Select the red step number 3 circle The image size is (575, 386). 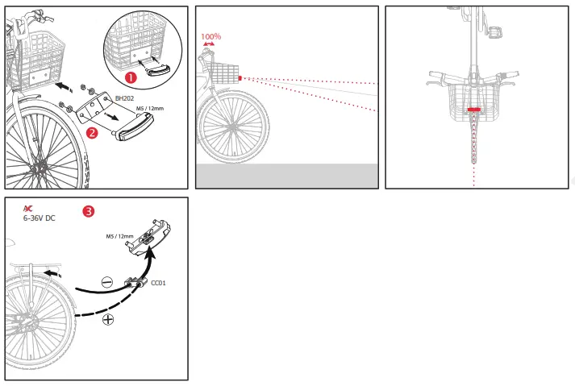click(x=89, y=212)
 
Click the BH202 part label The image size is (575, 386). click(x=124, y=98)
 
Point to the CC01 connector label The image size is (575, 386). click(x=159, y=284)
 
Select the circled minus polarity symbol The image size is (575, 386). click(x=106, y=282)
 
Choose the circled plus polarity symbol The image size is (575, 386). click(x=107, y=320)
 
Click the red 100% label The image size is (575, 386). click(x=210, y=36)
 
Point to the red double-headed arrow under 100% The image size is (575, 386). click(x=210, y=44)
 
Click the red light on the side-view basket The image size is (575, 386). click(x=240, y=78)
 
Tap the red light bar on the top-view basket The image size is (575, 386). click(x=473, y=108)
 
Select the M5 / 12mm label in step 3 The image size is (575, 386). click(x=119, y=237)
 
